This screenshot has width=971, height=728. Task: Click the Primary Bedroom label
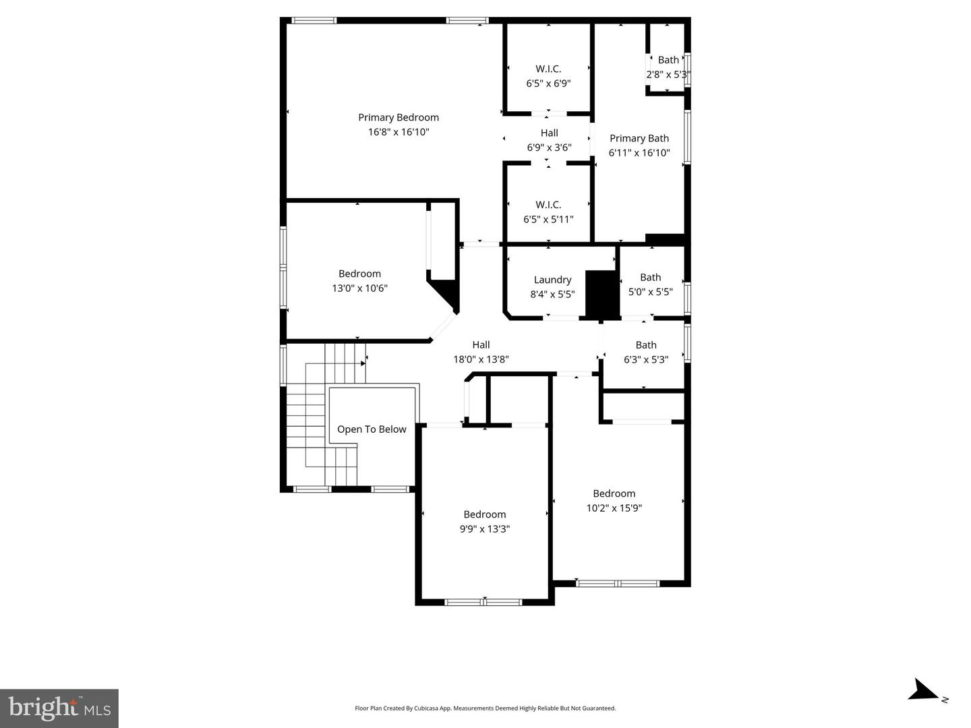398,117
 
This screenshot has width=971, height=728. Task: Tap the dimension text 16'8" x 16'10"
398,132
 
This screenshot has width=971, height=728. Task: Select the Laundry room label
552,280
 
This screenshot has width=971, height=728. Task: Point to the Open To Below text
372,429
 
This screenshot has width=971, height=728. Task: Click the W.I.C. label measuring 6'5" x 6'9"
548,69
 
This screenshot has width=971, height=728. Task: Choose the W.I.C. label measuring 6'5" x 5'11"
548,204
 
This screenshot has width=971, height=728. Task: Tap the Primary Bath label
639,138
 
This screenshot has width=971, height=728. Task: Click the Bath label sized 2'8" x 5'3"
668,60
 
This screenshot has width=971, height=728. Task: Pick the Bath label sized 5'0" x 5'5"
650,277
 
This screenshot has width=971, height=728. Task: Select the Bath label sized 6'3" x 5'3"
645,345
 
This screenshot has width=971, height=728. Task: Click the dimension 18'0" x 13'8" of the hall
481,360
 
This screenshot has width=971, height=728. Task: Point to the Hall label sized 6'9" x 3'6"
549,133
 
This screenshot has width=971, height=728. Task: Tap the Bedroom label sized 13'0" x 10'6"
359,274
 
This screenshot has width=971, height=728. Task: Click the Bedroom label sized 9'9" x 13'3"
484,514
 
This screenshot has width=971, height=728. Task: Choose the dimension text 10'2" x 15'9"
614,508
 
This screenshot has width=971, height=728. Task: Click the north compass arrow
922,691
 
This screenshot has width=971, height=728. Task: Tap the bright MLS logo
59,708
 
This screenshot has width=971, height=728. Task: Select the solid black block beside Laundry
601,294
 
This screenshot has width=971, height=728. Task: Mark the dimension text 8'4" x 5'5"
552,295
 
